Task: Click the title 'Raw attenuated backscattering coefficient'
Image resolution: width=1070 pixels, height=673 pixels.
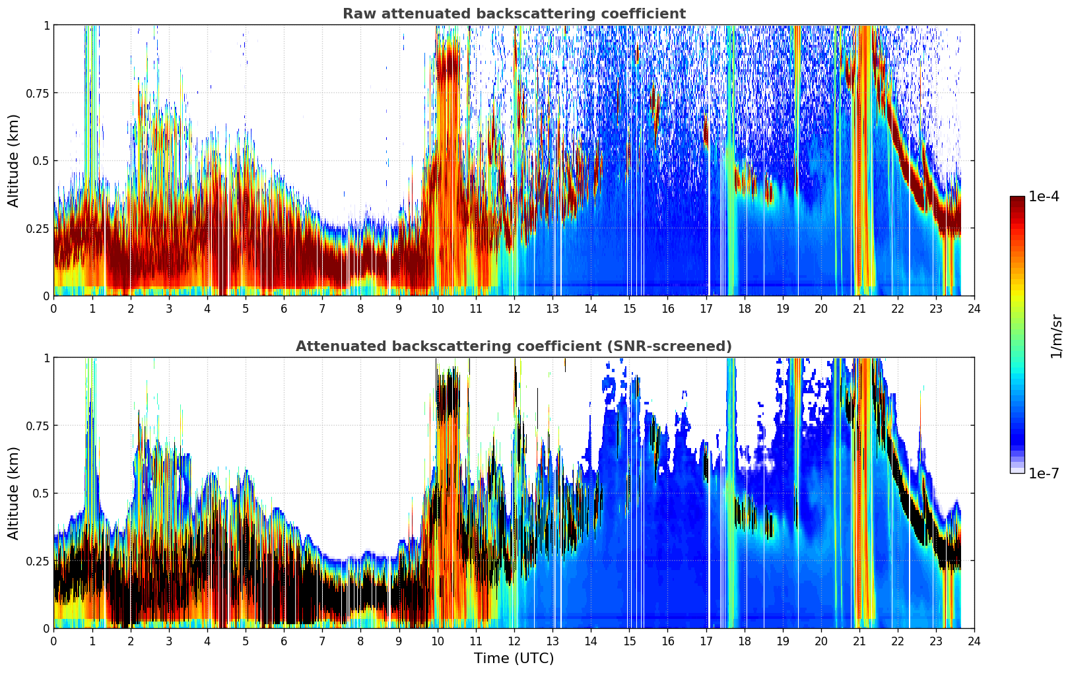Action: point(514,13)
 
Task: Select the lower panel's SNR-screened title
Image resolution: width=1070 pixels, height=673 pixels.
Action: point(514,346)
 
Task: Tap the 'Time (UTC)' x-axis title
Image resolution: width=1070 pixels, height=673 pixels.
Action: point(514,658)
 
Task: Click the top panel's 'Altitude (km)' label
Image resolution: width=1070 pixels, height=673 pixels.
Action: point(13,160)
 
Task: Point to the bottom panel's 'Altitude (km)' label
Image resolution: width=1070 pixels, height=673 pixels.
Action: point(13,493)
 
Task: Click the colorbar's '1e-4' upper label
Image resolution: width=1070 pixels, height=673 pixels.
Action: point(1044,197)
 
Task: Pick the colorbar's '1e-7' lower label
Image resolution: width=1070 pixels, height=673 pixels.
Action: point(1044,474)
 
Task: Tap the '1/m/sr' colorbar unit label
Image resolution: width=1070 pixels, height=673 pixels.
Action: point(1056,336)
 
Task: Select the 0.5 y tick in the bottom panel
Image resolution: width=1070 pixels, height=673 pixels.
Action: point(40,494)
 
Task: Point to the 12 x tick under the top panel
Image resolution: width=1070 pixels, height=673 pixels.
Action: point(514,309)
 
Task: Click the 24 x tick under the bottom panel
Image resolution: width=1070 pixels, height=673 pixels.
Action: point(974,641)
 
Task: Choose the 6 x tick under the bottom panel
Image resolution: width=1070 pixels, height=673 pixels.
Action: point(284,641)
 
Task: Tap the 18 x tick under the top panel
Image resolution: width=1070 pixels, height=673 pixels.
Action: point(744,309)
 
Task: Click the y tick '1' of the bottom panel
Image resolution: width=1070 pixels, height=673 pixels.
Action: point(46,358)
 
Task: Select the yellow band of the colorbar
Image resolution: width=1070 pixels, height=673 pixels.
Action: point(1017,287)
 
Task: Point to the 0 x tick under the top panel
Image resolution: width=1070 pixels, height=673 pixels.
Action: point(53,309)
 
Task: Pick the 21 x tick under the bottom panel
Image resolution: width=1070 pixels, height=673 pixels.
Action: point(859,641)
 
